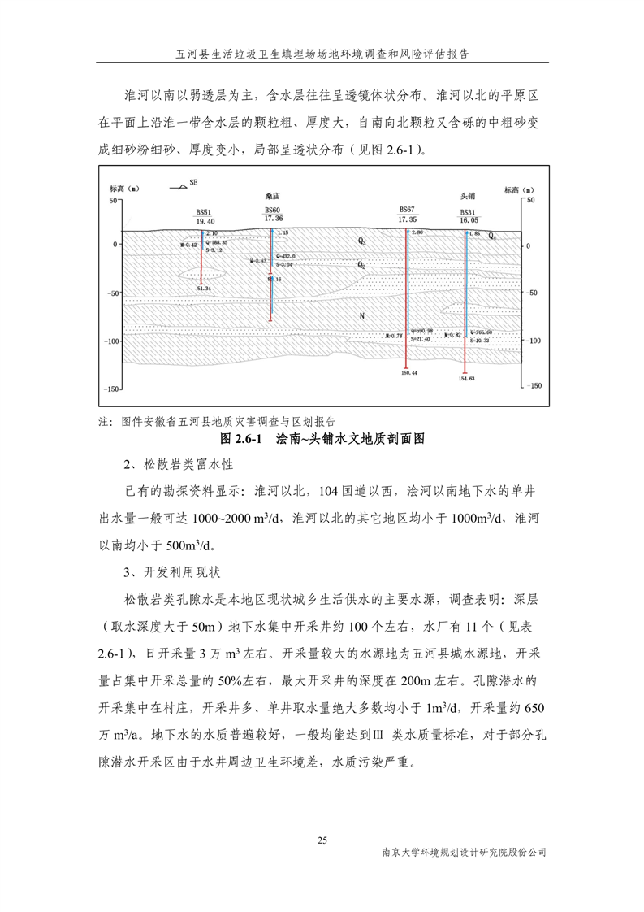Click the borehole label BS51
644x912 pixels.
[x=205, y=211]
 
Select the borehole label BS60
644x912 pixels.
[x=273, y=209]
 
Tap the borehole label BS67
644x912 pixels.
[x=407, y=209]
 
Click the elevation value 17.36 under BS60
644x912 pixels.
[x=274, y=219]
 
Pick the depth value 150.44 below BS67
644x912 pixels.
[x=408, y=372]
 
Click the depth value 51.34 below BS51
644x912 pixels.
[x=204, y=289]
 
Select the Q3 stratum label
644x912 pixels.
[x=362, y=242]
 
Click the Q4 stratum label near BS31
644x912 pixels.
[x=493, y=237]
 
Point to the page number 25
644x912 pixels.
[x=322, y=840]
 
